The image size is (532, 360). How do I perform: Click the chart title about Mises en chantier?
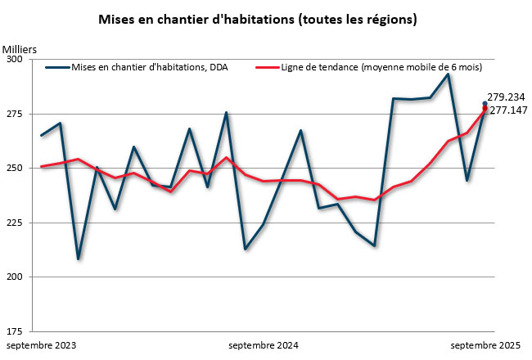[x=258, y=19]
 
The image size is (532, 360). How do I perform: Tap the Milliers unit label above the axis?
[x=20, y=51]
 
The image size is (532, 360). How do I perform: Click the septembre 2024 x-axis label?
[x=264, y=346]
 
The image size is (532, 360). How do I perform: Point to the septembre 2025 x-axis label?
[x=485, y=346]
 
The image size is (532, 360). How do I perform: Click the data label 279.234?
[x=506, y=97]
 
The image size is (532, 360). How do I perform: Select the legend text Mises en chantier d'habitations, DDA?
[x=150, y=68]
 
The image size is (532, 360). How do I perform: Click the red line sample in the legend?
[x=267, y=68]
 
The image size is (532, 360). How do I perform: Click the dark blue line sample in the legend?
[x=57, y=68]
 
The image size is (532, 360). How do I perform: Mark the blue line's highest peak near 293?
[x=448, y=74]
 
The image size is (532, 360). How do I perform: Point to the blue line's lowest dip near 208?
[x=79, y=259]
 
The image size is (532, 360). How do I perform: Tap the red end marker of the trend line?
[x=485, y=109]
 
